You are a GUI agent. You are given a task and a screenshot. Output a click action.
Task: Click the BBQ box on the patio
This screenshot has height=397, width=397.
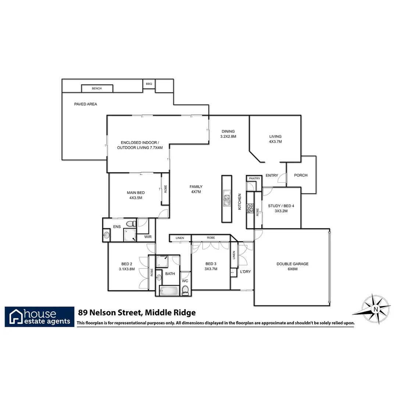pyautogui.click(x=149, y=84)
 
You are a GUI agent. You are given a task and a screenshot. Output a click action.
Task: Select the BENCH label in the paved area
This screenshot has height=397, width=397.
pyautogui.click(x=97, y=89)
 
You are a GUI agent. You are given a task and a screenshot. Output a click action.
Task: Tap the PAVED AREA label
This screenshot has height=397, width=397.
pyautogui.click(x=86, y=104)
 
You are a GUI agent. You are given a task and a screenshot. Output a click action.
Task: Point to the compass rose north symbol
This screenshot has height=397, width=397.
pyautogui.click(x=375, y=309)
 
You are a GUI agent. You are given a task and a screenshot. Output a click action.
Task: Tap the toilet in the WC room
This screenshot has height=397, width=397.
pyautogui.click(x=186, y=290)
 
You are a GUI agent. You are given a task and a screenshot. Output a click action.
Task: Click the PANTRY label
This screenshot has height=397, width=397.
pyautogui.click(x=254, y=179)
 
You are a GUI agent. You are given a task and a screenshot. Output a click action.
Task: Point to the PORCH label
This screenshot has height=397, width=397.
pyautogui.click(x=301, y=175)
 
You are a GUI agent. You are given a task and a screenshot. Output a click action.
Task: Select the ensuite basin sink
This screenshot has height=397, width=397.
pyautogui.click(x=107, y=235)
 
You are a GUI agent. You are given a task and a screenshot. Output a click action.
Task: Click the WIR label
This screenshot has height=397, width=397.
pyautogui.click(x=148, y=237)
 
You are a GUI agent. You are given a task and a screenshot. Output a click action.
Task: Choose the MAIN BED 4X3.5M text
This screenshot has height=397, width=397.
pyautogui.click(x=136, y=195)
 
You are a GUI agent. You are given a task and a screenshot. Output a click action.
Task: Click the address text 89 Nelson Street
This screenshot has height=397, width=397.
pyautogui.click(x=137, y=313)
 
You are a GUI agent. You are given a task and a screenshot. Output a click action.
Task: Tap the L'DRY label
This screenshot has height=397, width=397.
pyautogui.click(x=245, y=272)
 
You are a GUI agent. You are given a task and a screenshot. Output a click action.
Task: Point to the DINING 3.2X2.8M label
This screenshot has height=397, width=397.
pyautogui.click(x=228, y=134)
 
